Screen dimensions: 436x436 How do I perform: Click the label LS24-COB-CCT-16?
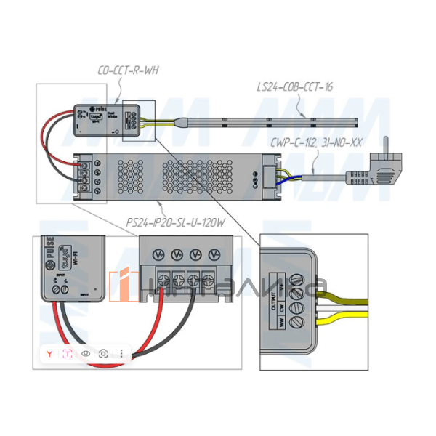coord(294,87)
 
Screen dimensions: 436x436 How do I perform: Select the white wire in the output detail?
coord(342,312)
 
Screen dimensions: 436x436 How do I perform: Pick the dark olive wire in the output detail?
coord(342,291)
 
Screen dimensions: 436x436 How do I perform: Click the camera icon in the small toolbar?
coord(104,353)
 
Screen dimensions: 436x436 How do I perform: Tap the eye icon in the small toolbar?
coord(86,353)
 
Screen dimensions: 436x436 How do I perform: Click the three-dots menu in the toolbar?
coord(121,353)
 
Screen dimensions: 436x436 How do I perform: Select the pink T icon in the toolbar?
coord(68,353)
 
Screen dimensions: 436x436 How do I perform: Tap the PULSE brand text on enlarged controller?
coord(50,247)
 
